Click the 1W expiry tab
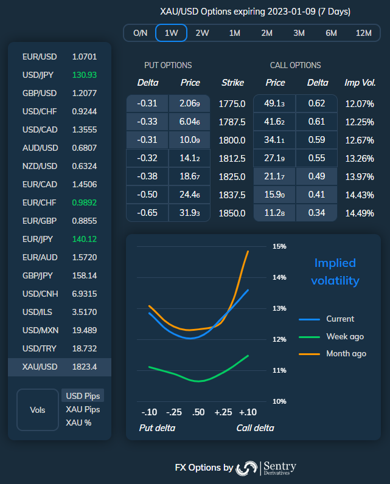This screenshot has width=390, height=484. point(171,33)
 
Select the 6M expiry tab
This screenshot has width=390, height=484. point(331,33)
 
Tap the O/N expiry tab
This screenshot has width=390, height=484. point(140,33)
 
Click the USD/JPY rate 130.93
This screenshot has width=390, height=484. point(84,75)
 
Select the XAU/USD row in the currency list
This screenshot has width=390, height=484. point(60,367)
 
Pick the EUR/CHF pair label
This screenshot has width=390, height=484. point(40,202)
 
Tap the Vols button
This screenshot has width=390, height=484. point(38,410)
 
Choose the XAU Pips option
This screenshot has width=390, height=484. point(83,409)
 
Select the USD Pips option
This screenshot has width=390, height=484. point(83,396)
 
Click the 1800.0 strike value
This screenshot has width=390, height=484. point(232,140)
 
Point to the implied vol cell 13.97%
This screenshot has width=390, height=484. point(359,177)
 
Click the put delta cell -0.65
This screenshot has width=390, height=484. point(147,213)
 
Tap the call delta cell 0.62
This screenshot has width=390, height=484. point(316,104)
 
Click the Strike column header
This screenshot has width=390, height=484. point(232,83)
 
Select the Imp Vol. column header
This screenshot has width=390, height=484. point(360,83)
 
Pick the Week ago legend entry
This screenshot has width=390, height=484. point(345,336)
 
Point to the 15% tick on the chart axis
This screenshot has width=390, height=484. point(279,247)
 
